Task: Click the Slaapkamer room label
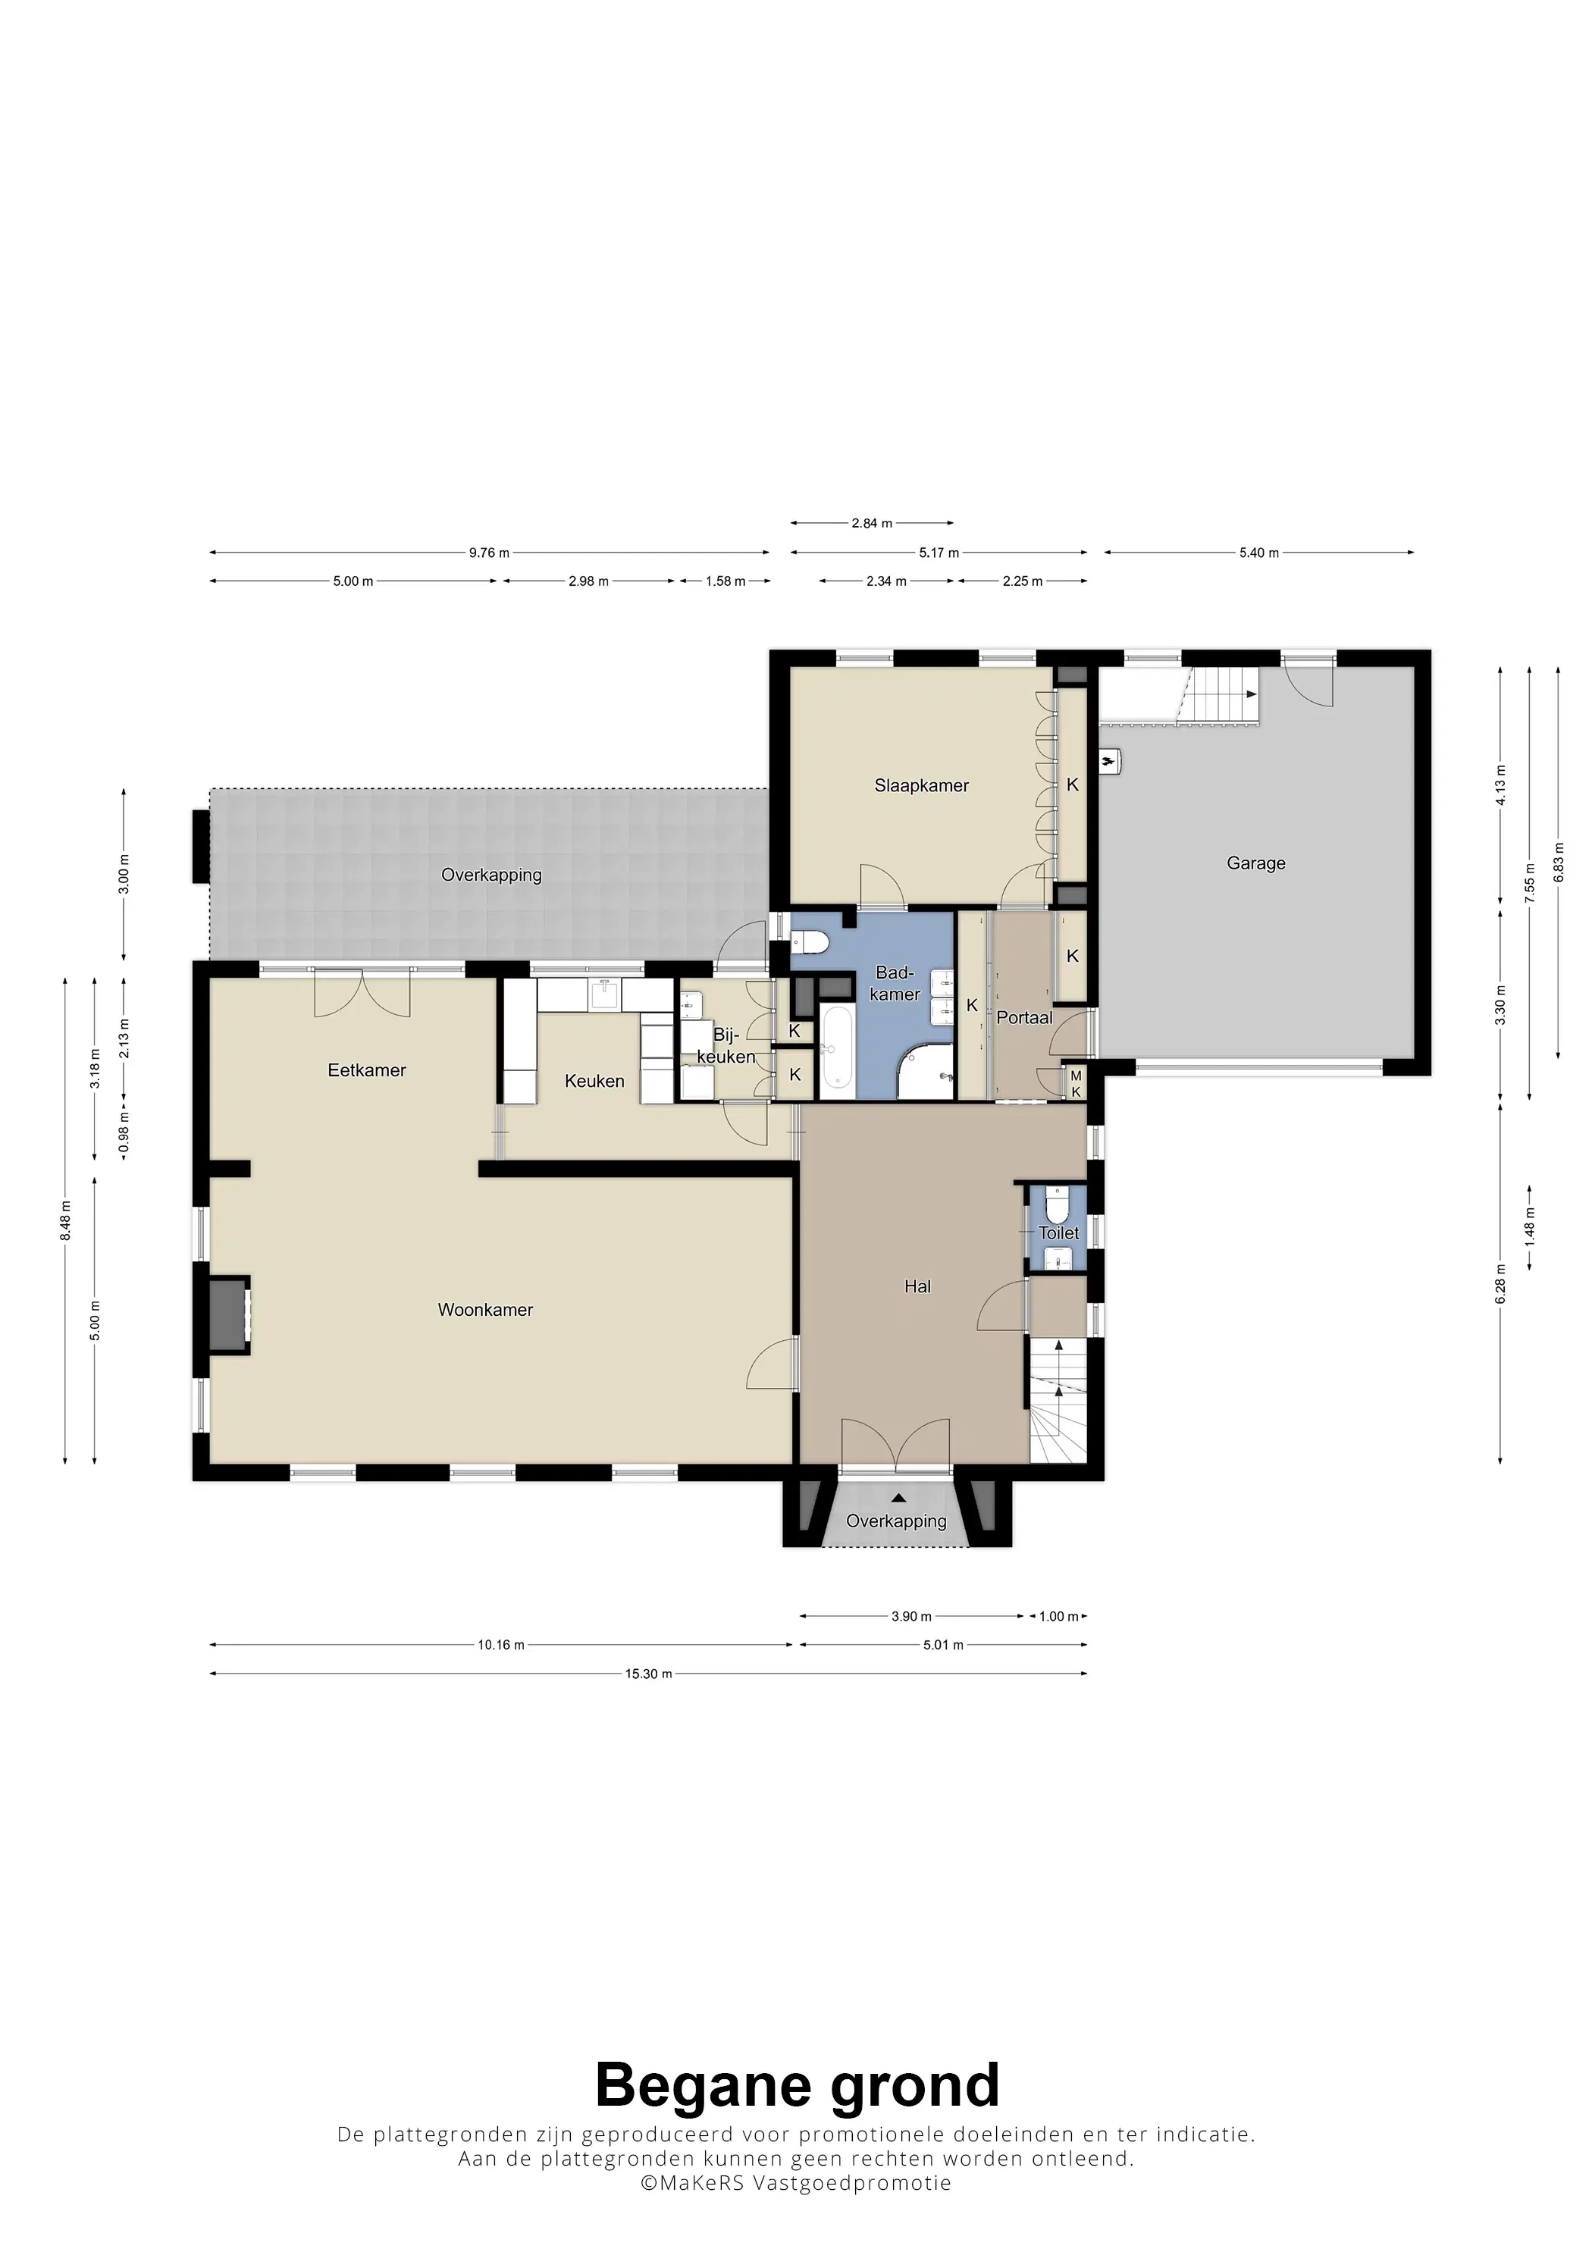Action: (921, 785)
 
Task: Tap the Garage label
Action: (1255, 863)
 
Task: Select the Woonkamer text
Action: (485, 1309)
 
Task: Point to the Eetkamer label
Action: (367, 1070)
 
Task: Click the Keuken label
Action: (594, 1081)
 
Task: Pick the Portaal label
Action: (1024, 1018)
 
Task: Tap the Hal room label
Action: (917, 1286)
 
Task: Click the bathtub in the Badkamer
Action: (837, 1047)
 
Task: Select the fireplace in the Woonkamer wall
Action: (227, 1314)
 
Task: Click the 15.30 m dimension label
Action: (648, 1674)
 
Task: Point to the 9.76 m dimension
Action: (488, 553)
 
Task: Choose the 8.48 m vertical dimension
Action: (66, 1220)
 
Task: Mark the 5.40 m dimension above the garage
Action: (1258, 553)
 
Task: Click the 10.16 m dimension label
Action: (501, 1645)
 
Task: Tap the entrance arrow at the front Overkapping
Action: (898, 1498)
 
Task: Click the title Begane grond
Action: (797, 2085)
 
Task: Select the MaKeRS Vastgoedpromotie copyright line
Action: (795, 2182)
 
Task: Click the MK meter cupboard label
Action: (1075, 1084)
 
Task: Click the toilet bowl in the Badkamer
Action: (810, 943)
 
